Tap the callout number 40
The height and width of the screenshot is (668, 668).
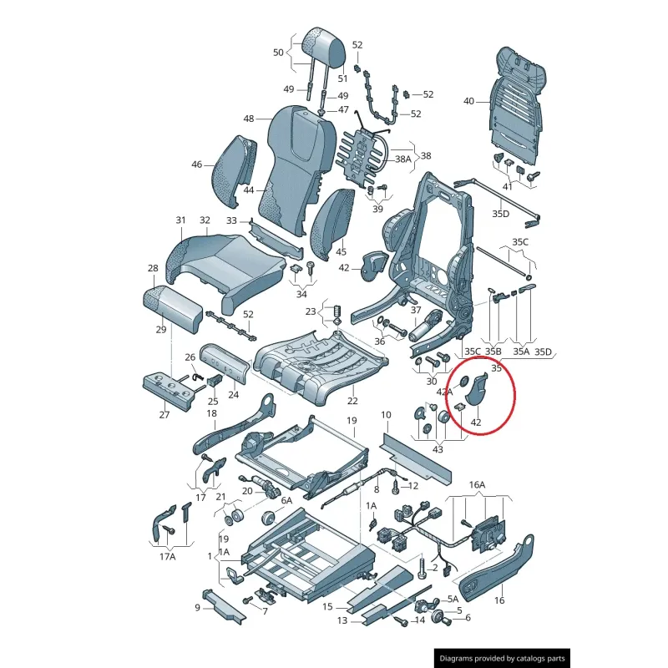pyautogui.click(x=468, y=101)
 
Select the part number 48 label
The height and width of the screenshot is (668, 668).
pyautogui.click(x=248, y=119)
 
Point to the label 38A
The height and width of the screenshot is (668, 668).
pyautogui.click(x=403, y=159)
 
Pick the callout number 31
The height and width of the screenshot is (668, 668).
pyautogui.click(x=180, y=220)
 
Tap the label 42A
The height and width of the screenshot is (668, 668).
pyautogui.click(x=444, y=391)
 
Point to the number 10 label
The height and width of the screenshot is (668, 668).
pyautogui.click(x=386, y=415)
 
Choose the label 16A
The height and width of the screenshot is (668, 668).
pyautogui.click(x=477, y=483)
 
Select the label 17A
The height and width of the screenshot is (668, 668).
pyautogui.click(x=168, y=556)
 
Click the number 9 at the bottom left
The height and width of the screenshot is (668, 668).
pyautogui.click(x=198, y=607)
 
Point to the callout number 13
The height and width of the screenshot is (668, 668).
pyautogui.click(x=342, y=620)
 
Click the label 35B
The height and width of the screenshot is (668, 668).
pyautogui.click(x=493, y=352)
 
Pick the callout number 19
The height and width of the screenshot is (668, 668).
pyautogui.click(x=352, y=421)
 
